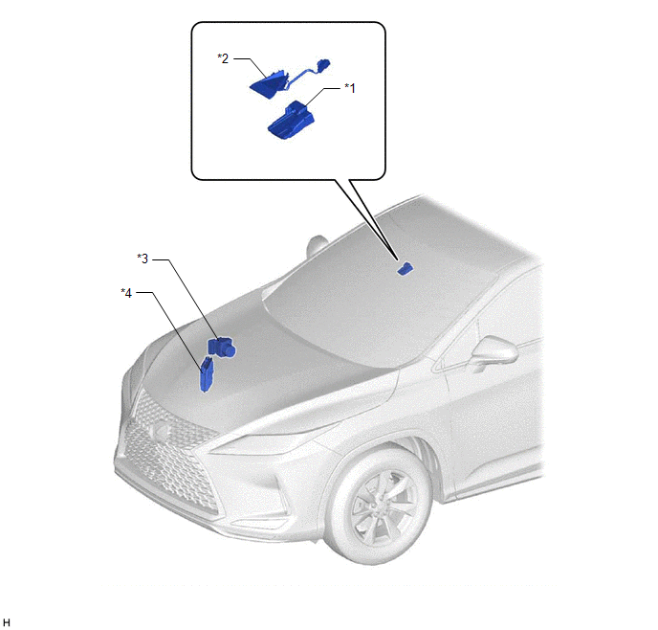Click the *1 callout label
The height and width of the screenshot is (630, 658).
350,88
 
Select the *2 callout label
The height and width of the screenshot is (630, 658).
223,58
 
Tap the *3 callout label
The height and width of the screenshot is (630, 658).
143,259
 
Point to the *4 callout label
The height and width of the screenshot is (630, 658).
126,293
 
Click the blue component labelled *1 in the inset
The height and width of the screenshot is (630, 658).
292,120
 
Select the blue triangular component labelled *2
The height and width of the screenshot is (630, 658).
269,84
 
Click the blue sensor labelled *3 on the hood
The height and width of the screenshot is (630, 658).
222,348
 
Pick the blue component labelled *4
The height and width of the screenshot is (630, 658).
206,373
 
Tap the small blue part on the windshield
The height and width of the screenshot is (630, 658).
405,269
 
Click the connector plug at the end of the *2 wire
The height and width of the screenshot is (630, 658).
322,65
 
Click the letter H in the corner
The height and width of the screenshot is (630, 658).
7,622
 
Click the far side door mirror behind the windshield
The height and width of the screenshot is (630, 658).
317,247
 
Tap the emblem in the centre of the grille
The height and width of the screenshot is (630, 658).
160,429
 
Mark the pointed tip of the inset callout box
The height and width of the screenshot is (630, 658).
397,260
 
